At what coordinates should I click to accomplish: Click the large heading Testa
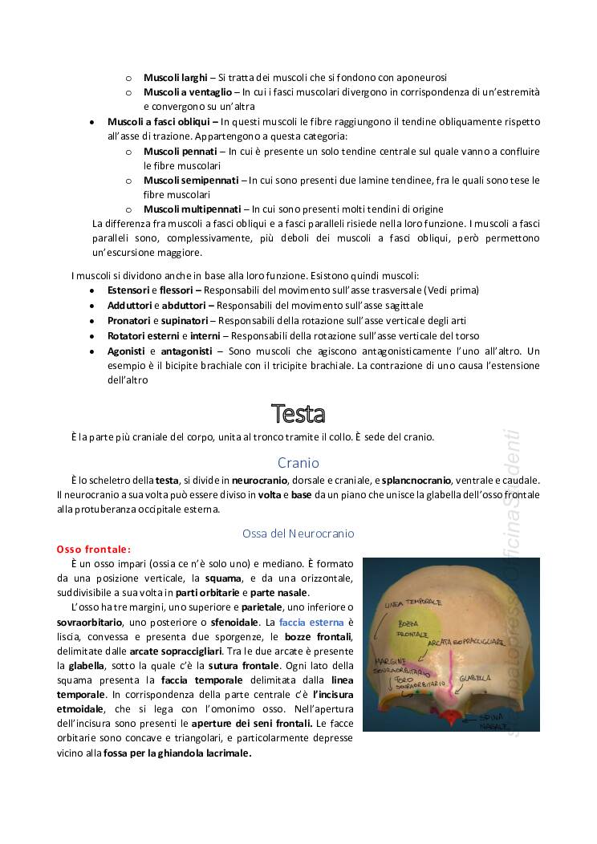coord(298,414)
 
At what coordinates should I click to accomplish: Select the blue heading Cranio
coord(298,463)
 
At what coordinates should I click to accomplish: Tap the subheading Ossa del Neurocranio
coord(298,533)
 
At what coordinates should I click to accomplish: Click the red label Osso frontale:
coord(93,550)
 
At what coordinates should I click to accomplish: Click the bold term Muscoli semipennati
coord(190,180)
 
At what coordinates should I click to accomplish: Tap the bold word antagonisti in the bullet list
coord(185,351)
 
